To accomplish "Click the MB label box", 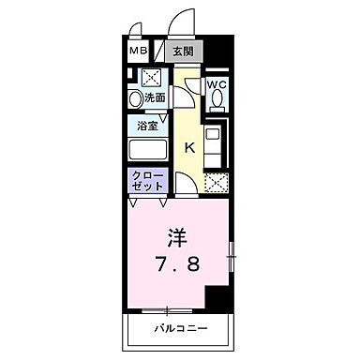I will (x=138, y=52).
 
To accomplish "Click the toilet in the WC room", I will (x=217, y=105).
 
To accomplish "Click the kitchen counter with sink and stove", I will (x=213, y=145).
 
